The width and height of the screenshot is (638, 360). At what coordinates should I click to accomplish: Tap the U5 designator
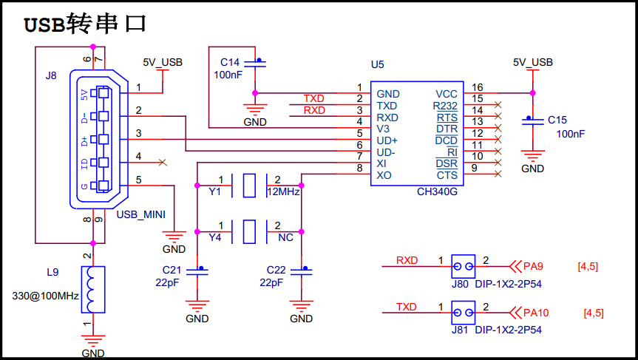[x=378, y=65]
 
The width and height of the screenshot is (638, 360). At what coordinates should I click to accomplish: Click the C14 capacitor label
[x=230, y=61]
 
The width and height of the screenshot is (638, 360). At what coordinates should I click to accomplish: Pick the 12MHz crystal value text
[x=282, y=191]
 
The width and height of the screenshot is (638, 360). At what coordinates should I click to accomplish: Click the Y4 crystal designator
[x=215, y=237]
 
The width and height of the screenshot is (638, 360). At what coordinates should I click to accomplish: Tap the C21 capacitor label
[x=171, y=269]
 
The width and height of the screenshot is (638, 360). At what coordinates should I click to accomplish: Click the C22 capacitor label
[x=275, y=269]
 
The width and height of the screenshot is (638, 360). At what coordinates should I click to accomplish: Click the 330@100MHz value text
[x=45, y=296]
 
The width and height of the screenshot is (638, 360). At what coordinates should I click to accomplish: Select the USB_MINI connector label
[x=140, y=214]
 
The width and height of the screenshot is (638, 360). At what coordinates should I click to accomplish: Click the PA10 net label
[x=535, y=313]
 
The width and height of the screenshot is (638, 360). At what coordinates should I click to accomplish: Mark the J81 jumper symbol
[x=464, y=313]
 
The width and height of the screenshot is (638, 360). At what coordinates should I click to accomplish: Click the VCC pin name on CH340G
[x=446, y=94]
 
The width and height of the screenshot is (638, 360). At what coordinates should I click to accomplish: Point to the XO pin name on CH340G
[x=384, y=175]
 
